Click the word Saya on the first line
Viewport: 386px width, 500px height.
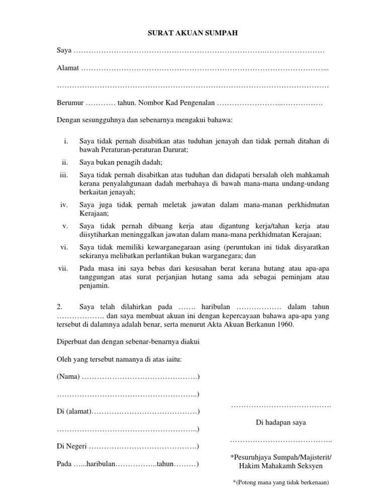pyautogui.click(x=64, y=51)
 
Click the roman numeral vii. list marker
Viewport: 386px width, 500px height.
pyautogui.click(x=63, y=268)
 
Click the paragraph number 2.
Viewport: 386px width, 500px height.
pyautogui.click(x=59, y=306)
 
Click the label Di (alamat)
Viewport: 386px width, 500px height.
pyautogui.click(x=73, y=412)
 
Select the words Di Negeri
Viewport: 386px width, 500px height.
pyautogui.click(x=71, y=446)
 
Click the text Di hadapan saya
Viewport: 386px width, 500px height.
pyautogui.click(x=281, y=423)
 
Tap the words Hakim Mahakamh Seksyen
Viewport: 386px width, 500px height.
pyautogui.click(x=281, y=466)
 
